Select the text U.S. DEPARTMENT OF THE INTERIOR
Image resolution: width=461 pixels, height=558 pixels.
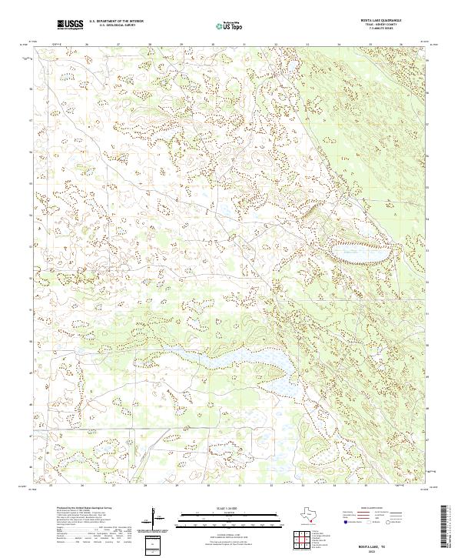coord(116,22)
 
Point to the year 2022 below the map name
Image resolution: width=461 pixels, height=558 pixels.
coord(377,551)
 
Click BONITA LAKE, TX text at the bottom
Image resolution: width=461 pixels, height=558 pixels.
coord(377,545)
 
